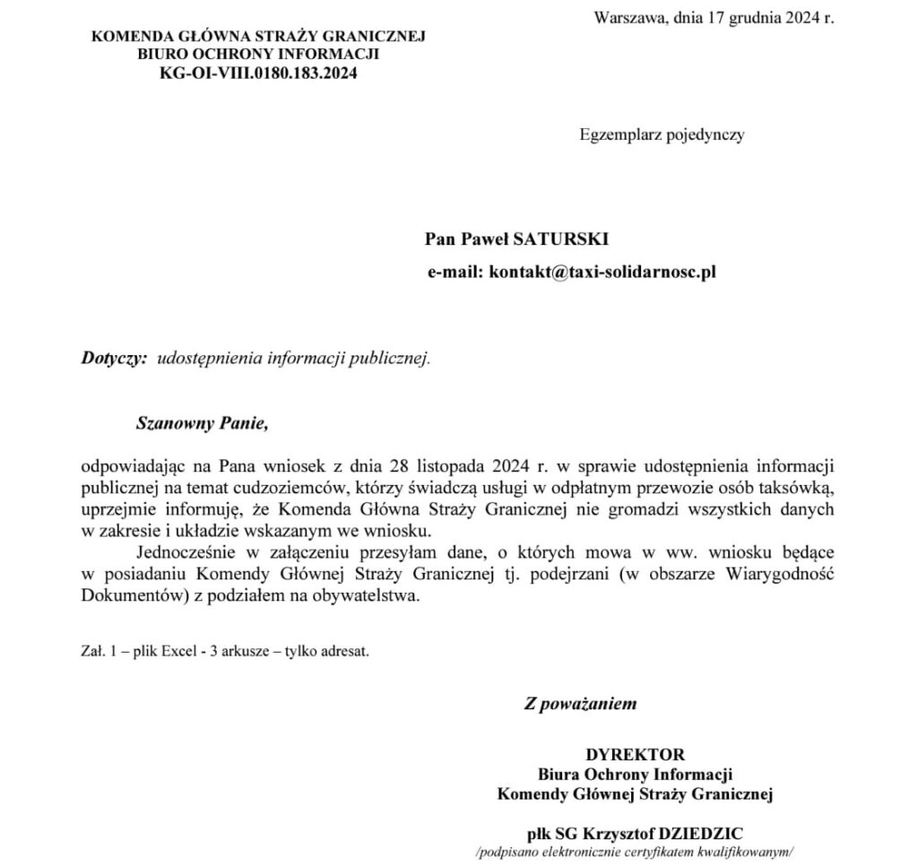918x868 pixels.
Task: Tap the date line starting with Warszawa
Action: [x=714, y=17]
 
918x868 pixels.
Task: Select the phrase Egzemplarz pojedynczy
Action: [x=662, y=135]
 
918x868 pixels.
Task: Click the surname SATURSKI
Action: [x=560, y=239]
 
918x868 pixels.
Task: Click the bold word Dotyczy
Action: [x=113, y=358]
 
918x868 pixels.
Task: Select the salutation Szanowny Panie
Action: [x=202, y=423]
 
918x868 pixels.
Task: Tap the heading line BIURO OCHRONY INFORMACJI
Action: [x=258, y=56]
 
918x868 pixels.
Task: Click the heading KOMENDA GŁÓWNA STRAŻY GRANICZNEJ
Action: [x=258, y=37]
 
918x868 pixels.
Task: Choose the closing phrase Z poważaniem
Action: [x=580, y=704]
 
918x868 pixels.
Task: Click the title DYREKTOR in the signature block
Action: [x=635, y=754]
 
